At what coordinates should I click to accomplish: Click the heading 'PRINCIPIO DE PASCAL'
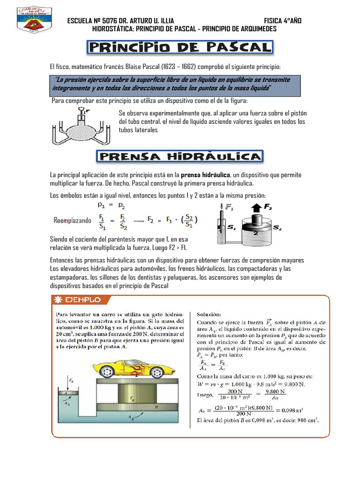coord(180,47)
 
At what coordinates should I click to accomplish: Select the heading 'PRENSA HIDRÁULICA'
coord(180,157)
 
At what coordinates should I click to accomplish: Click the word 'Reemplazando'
coord(73,220)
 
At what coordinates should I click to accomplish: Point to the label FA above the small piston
coord(70,381)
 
